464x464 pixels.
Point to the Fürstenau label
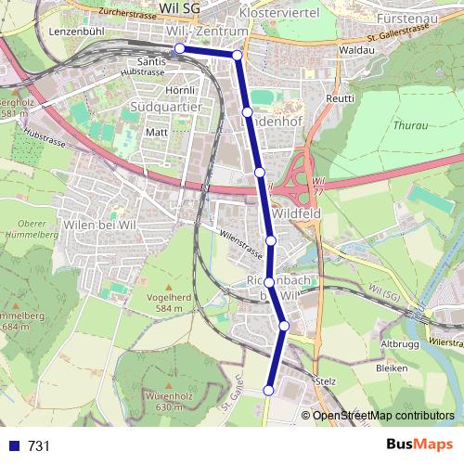coord(406,18)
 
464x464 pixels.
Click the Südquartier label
coord(166,107)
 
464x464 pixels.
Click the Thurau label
coord(409,123)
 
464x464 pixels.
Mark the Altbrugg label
coord(400,344)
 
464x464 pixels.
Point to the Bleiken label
coord(393,368)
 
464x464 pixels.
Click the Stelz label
coord(326,380)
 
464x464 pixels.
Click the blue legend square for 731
coord(13,446)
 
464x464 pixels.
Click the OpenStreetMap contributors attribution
coord(382,416)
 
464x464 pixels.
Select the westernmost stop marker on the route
coord(179,49)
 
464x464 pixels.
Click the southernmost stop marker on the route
coord(269,391)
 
